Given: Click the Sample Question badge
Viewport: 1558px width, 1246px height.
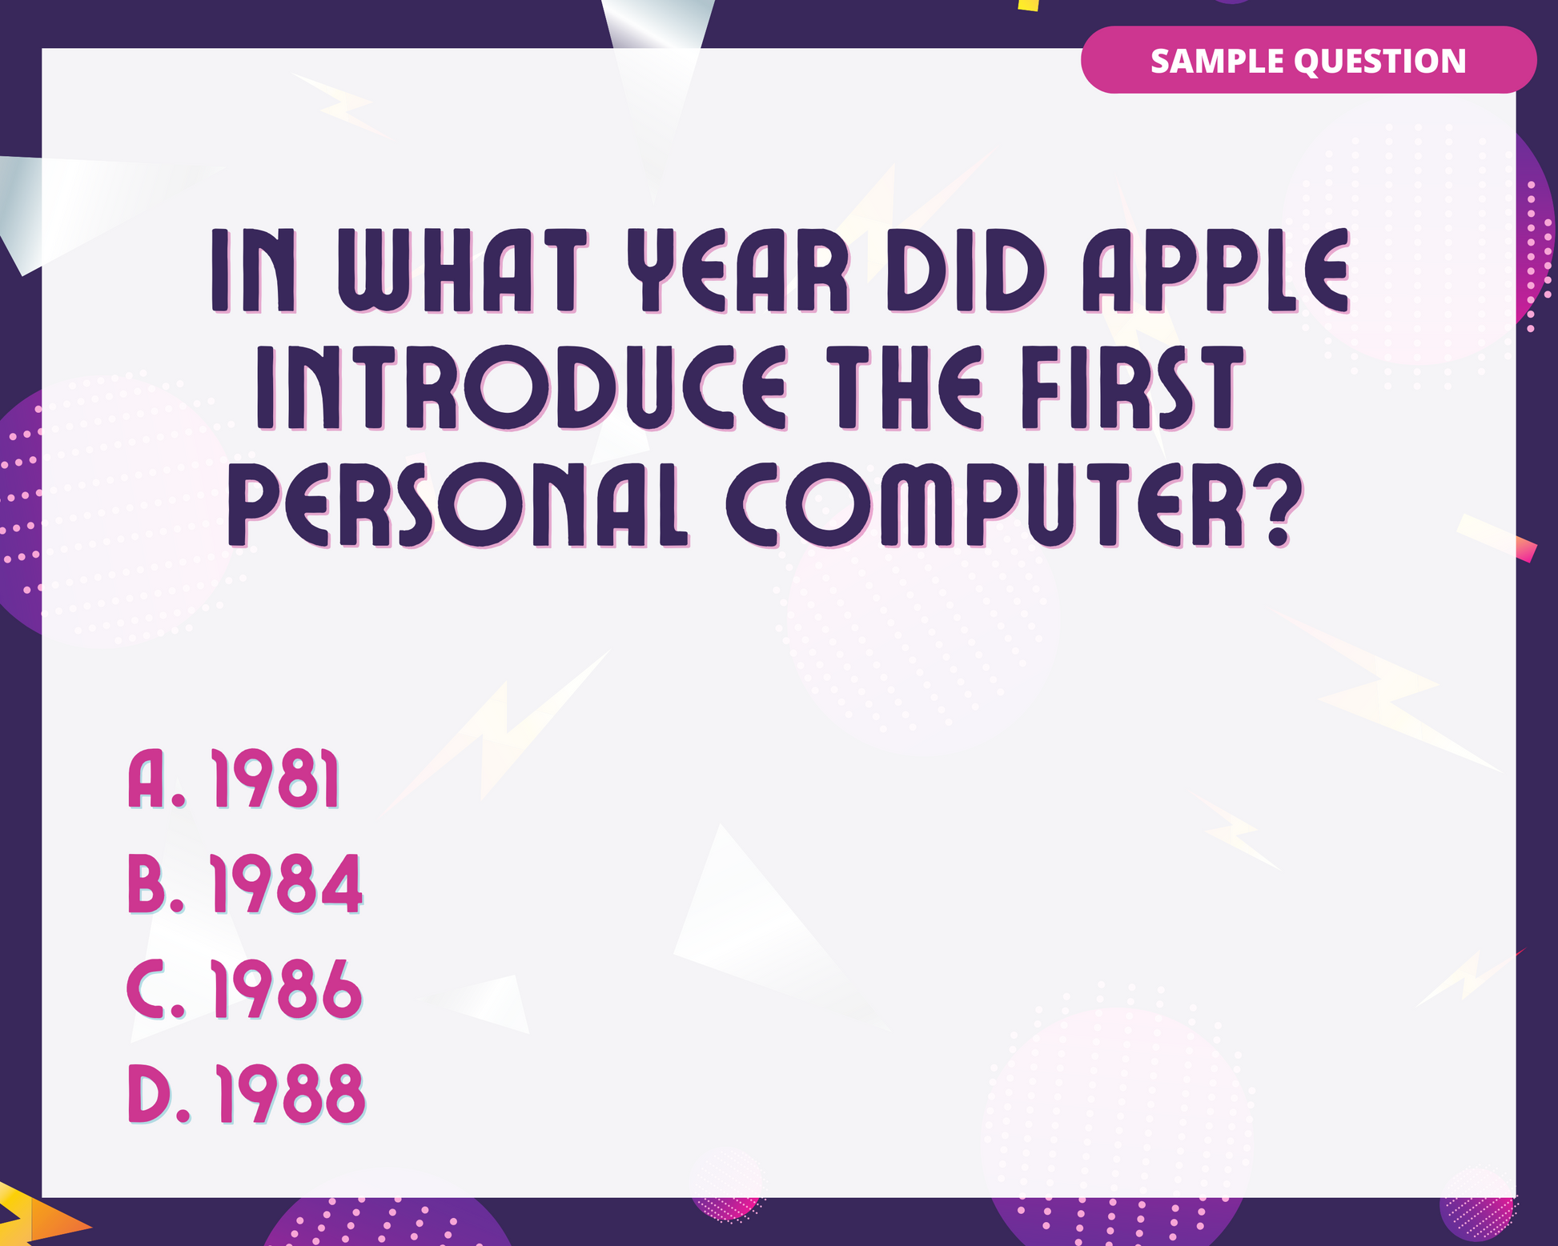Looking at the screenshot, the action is (x=1308, y=60).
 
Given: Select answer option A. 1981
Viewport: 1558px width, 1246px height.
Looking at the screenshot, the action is (x=234, y=779).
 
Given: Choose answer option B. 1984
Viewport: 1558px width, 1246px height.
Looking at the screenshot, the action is (x=245, y=883).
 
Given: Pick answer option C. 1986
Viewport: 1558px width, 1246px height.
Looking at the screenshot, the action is (x=245, y=989).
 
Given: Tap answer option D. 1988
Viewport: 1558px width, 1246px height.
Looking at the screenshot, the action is (x=247, y=1094).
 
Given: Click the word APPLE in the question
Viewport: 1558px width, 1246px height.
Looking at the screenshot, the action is (x=1216, y=270).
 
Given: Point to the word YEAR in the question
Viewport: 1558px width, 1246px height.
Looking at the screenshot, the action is (x=737, y=270).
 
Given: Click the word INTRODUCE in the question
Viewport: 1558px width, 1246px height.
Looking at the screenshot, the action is (x=521, y=388).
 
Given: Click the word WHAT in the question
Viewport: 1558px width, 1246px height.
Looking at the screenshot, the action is (x=463, y=270).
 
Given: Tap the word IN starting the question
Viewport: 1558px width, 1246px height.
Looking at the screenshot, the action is (x=254, y=270).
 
